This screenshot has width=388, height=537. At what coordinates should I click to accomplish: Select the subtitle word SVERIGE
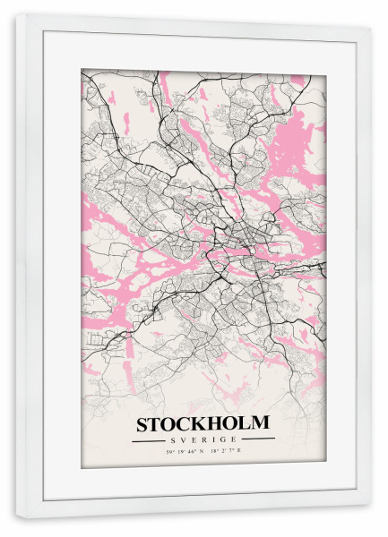(203, 439)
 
